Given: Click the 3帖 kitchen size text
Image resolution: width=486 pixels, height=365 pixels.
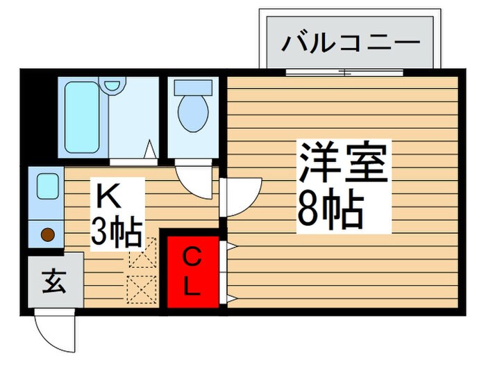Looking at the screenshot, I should pyautogui.click(x=117, y=232).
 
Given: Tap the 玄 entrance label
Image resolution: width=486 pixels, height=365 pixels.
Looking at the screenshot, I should pyautogui.click(x=55, y=284).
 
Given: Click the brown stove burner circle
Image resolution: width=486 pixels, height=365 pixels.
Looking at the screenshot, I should pyautogui.click(x=48, y=235).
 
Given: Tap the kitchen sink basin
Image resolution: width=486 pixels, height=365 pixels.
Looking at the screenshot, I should pyautogui.click(x=47, y=186).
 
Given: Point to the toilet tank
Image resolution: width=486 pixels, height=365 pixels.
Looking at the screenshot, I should pyautogui.click(x=192, y=88).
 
